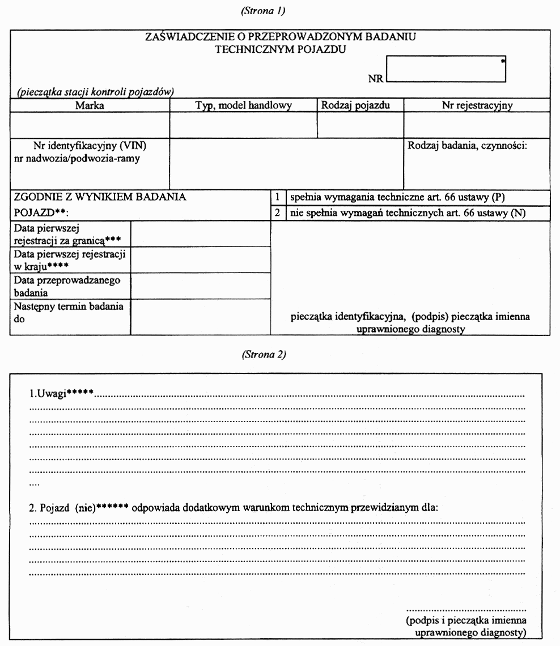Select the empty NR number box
point(446,69)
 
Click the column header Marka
point(90,105)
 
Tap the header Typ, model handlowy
point(243,105)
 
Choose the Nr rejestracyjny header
point(477,105)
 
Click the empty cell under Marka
point(90,125)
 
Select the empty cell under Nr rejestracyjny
point(477,125)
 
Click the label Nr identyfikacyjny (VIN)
point(94,146)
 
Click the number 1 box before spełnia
point(278,198)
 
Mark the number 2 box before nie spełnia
point(278,213)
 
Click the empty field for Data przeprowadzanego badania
point(200,287)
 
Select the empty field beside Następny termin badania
point(200,317)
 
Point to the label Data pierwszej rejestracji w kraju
point(70,258)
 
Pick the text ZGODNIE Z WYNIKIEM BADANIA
point(99,197)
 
